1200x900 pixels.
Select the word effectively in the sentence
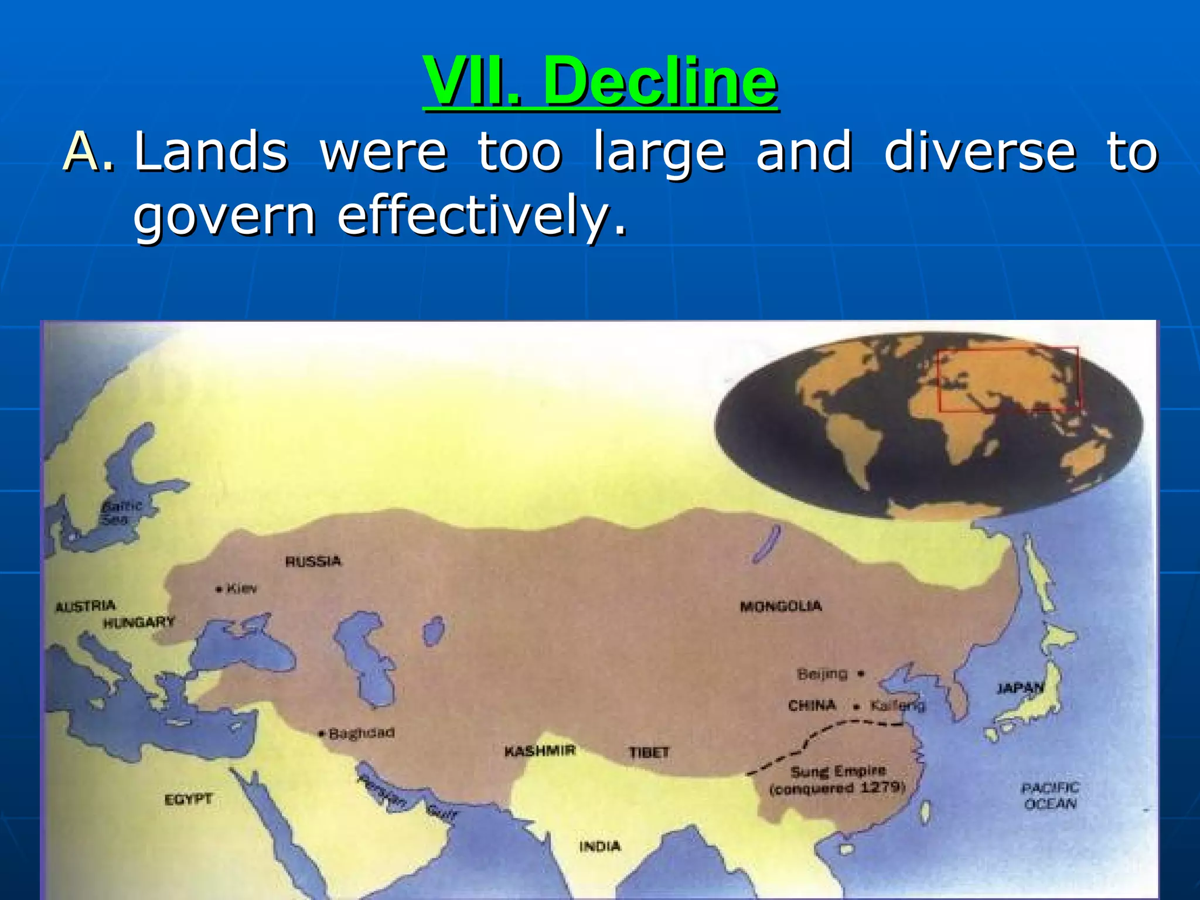pos(482,216)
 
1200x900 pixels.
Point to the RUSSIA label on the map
pos(313,561)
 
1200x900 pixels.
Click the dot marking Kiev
pos(219,589)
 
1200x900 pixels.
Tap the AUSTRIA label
pos(85,606)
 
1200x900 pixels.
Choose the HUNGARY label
pos(139,622)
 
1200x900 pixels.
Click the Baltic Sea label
pos(120,513)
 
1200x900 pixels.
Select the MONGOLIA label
pos(780,606)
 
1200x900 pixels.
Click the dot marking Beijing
pos(860,674)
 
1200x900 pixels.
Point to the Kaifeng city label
pos(897,705)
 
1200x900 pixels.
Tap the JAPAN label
pos(1020,688)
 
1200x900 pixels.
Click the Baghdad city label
pos(361,733)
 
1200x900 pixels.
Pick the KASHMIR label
pos(540,751)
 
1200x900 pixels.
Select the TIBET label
pos(649,752)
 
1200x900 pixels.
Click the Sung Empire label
pos(838,772)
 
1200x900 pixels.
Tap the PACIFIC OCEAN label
pos(1050,796)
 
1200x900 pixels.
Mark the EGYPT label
pos(188,799)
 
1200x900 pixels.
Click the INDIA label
pos(599,846)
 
